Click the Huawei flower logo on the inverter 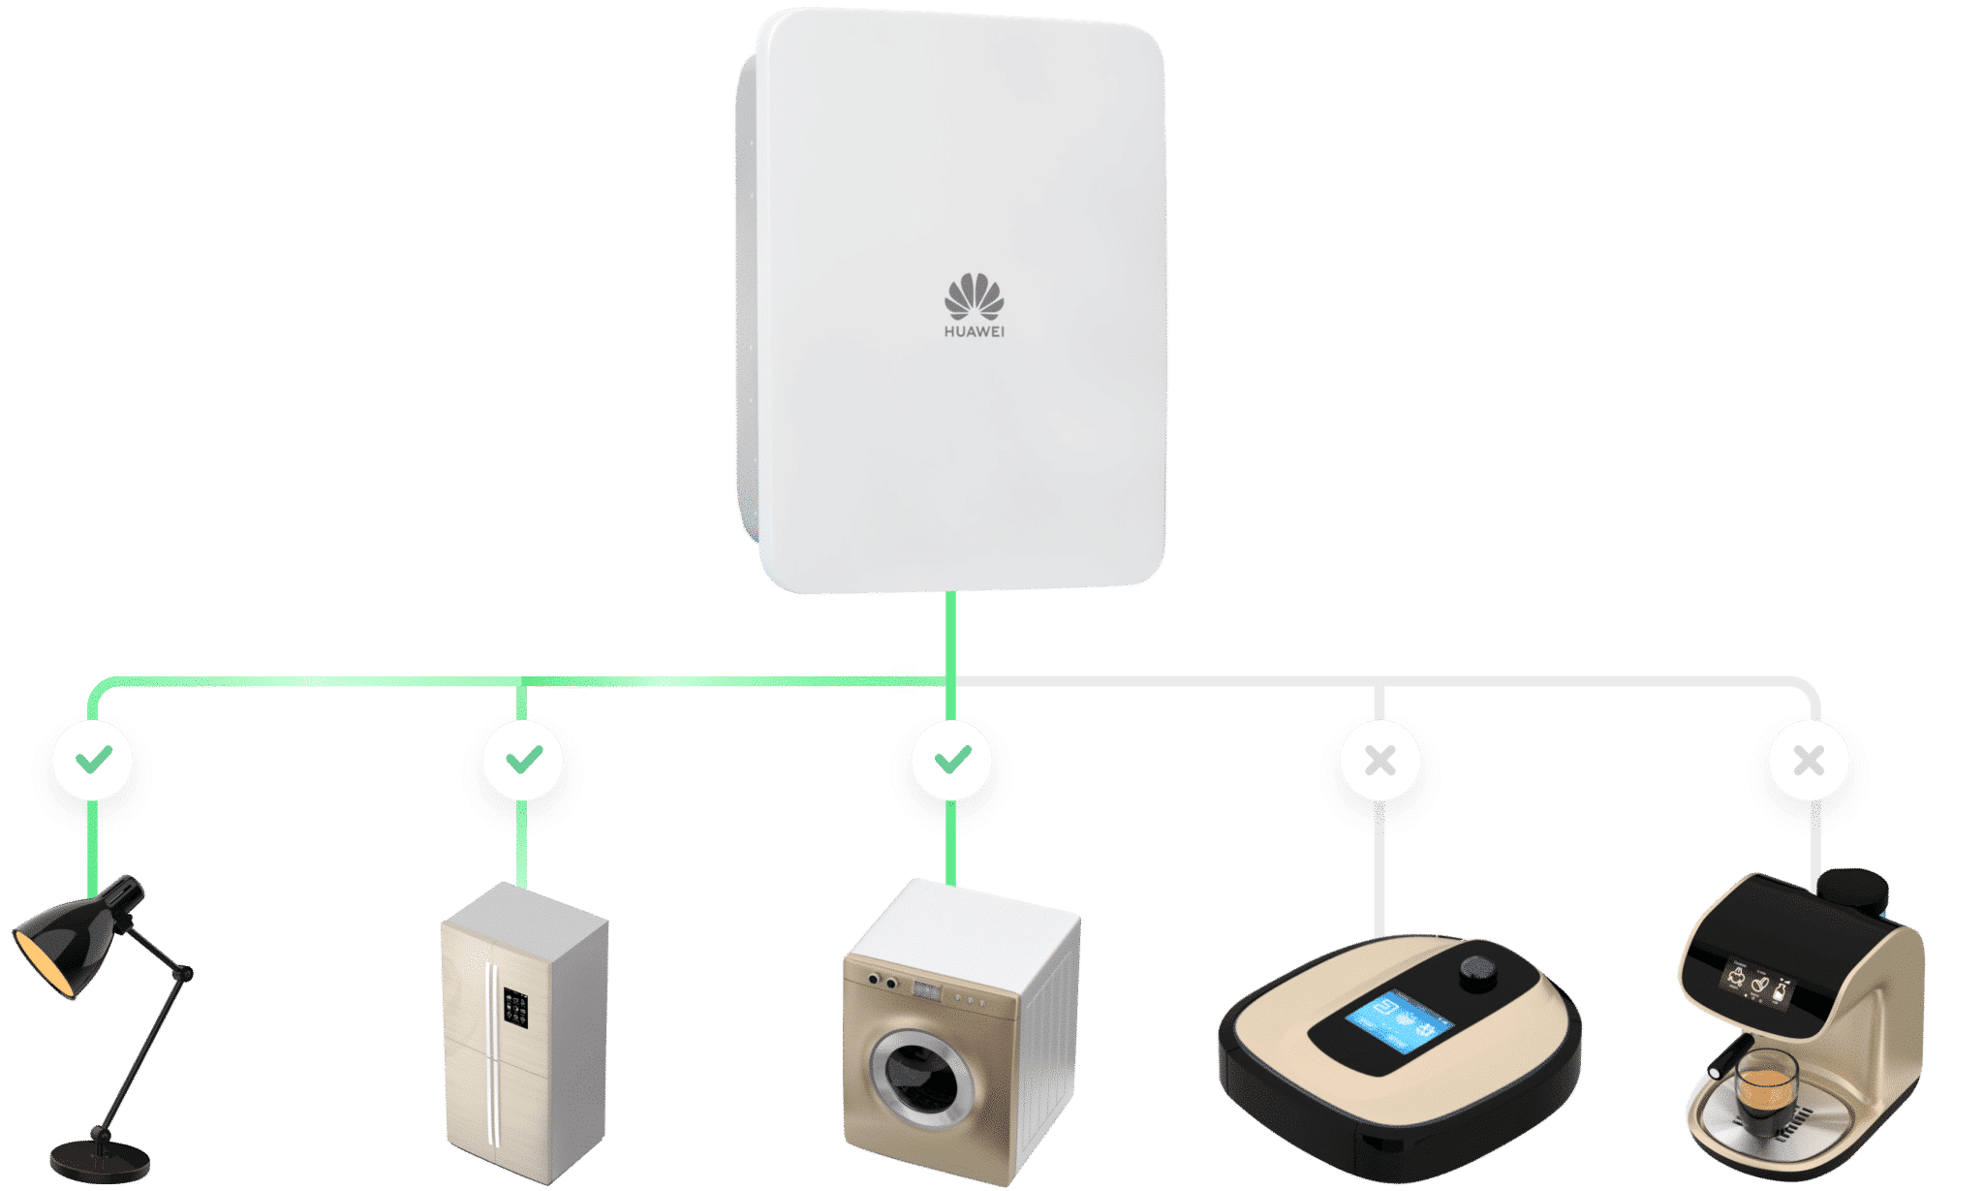click(974, 296)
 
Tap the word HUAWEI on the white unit click(974, 331)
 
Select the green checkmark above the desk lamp click(94, 759)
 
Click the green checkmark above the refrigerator click(524, 759)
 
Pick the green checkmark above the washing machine click(952, 759)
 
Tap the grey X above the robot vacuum click(1380, 761)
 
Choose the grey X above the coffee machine click(1809, 761)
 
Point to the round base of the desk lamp click(100, 1160)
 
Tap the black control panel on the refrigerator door click(515, 1008)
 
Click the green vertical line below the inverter click(951, 655)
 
